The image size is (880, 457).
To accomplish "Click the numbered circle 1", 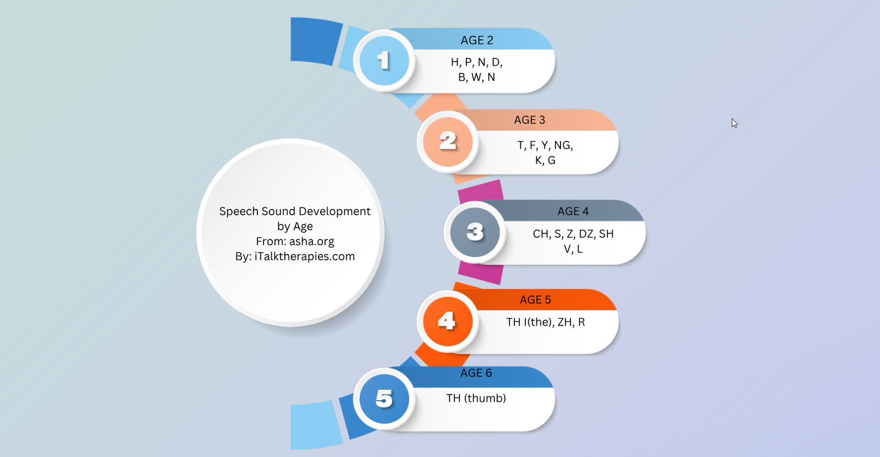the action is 384,61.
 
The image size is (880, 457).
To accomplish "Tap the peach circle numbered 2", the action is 448,141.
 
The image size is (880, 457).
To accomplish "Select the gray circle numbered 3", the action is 475,232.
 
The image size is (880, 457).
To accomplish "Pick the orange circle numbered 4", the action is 448,321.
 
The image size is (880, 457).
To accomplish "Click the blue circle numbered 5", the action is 384,399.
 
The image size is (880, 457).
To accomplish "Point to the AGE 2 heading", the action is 476,40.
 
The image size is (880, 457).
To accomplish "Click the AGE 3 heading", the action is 530,120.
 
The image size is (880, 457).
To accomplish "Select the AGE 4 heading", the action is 573,211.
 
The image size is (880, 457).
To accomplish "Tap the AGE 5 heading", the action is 535,300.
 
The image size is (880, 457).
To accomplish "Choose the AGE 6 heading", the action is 476,373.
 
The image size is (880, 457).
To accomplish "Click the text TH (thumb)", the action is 476,399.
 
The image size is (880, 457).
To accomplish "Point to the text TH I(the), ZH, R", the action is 545,322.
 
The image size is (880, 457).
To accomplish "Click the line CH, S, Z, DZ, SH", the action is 573,234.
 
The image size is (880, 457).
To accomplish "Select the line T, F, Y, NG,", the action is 545,145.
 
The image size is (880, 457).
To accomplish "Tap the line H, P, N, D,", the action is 476,62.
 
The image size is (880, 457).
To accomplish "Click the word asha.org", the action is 311,241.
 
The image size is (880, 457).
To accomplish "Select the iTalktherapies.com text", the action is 305,256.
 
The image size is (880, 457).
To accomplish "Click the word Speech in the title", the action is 239,211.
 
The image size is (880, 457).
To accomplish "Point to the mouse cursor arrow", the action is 734,123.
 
